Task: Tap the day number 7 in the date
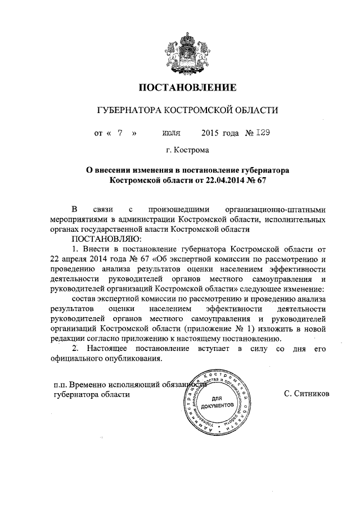[120, 133]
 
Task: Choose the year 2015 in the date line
[210, 133]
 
